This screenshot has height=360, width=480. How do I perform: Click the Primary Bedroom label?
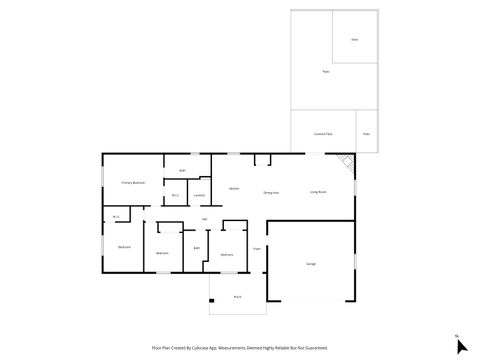(133, 183)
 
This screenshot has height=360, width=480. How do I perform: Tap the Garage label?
(310, 263)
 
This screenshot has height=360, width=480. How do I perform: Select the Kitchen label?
(233, 188)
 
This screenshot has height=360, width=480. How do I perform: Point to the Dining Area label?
(270, 191)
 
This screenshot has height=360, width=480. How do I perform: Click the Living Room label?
(320, 191)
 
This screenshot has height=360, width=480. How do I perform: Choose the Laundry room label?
(199, 194)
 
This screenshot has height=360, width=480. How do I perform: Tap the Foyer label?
(256, 248)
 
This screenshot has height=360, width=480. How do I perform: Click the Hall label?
(204, 219)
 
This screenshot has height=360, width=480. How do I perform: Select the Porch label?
(237, 296)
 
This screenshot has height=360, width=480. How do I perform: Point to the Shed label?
(354, 39)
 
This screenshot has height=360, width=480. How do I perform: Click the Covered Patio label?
(323, 133)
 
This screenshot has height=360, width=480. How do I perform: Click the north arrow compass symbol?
(461, 345)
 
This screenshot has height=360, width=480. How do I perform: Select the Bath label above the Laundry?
(182, 171)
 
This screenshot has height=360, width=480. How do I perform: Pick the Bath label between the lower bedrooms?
(197, 247)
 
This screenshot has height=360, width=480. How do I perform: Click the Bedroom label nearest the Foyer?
(227, 255)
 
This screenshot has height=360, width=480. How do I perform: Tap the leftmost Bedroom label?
(124, 247)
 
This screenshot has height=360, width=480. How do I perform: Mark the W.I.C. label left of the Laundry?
(174, 195)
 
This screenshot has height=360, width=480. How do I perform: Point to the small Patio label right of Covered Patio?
(366, 133)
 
